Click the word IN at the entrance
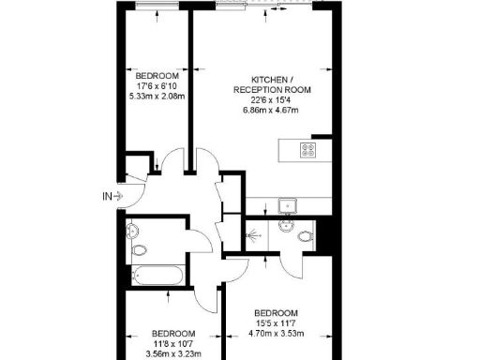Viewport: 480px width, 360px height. tap(107, 196)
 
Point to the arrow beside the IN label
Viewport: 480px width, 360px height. tap(121, 196)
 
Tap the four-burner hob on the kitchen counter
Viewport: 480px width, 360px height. tap(307, 149)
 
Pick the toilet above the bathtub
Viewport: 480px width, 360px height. tap(140, 250)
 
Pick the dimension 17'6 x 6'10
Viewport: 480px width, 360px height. tap(157, 86)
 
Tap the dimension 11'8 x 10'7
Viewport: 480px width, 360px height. tap(174, 345)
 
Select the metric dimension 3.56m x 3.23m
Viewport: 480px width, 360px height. tap(174, 355)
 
